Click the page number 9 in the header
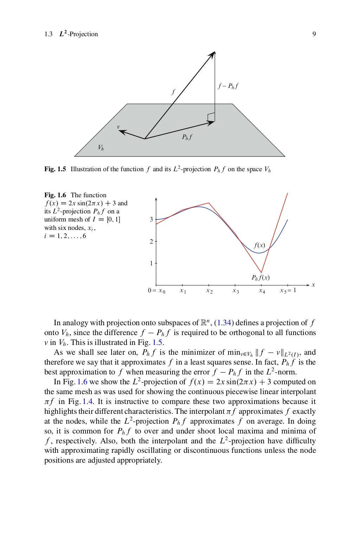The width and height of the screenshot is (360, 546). point(314,34)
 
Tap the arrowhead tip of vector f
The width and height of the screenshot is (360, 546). point(214,52)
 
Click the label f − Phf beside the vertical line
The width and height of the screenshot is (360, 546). point(228,86)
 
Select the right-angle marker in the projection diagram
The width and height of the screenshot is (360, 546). point(211,117)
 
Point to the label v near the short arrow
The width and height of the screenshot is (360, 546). point(118,127)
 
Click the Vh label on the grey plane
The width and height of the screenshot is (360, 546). point(101,148)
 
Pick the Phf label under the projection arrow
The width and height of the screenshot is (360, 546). point(187,137)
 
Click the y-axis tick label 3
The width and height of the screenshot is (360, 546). point(151,219)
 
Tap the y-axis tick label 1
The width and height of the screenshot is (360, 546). point(151,263)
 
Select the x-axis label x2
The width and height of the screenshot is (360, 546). point(209,291)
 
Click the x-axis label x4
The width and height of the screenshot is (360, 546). point(262,291)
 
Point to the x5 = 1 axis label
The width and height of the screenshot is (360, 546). point(288,290)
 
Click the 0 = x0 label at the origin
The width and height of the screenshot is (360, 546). point(156,291)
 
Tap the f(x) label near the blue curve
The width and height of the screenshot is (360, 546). point(259,245)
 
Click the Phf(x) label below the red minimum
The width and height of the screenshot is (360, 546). point(261,277)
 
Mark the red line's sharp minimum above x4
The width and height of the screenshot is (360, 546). point(261,272)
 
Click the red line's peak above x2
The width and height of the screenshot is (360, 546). point(209,203)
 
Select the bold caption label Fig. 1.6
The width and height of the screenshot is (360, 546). point(55,195)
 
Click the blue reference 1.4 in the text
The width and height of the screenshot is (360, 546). point(88,402)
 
